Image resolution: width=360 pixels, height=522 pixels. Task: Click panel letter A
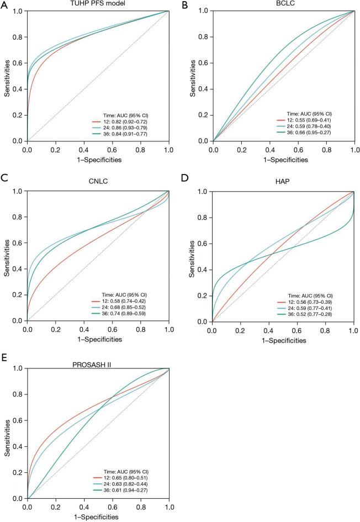click(4, 5)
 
